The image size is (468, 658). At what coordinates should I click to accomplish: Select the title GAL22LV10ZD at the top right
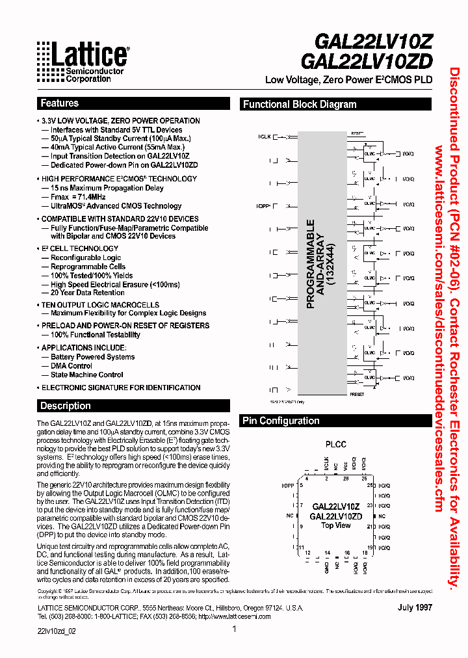[x=367, y=60]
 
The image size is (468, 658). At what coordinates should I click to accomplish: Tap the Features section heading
[x=59, y=103]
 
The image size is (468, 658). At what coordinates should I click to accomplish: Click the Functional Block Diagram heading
[x=300, y=104]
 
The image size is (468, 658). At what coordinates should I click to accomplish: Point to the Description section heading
[x=65, y=406]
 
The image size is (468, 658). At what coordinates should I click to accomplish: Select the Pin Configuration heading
[x=281, y=421]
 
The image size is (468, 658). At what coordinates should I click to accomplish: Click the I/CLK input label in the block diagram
[x=264, y=137]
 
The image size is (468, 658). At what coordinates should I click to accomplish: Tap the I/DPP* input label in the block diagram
[x=263, y=205]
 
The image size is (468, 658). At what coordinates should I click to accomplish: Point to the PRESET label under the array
[x=357, y=395]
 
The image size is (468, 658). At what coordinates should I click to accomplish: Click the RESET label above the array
[x=357, y=132]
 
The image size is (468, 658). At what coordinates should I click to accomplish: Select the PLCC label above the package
[x=335, y=445]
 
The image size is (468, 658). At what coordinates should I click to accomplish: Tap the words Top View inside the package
[x=336, y=525]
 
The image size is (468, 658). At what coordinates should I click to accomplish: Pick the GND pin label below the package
[x=327, y=566]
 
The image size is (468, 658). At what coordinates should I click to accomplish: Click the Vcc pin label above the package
[x=346, y=465]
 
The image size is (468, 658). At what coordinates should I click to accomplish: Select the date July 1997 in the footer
[x=415, y=607]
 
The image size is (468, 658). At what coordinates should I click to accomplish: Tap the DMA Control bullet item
[x=71, y=365]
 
